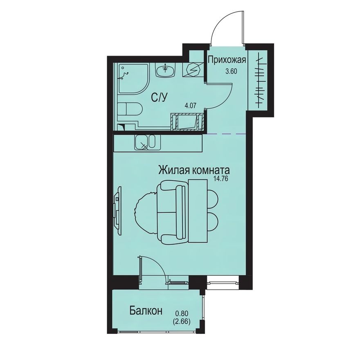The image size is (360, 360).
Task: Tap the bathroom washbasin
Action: [166, 70]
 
